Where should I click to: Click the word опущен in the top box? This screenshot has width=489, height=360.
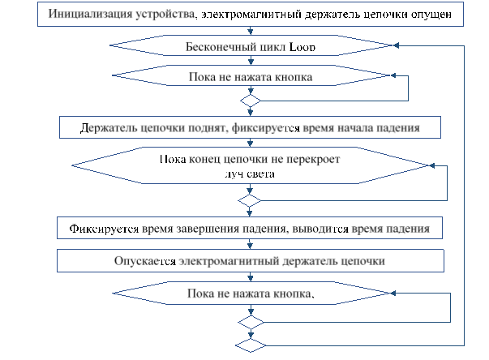coord(440,15)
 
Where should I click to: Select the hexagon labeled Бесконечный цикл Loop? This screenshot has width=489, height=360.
coord(251,46)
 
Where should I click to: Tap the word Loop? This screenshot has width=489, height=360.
coord(301,47)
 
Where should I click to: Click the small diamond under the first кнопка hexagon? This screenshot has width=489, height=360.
coord(251,101)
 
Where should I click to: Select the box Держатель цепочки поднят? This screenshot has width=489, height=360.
coord(251,127)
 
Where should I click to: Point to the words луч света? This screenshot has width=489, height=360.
coord(250,173)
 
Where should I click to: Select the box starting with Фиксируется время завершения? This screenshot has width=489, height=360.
coord(251,229)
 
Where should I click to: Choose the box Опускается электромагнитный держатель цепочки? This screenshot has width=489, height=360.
coord(251,261)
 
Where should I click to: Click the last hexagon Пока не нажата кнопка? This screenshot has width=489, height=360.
coord(251,294)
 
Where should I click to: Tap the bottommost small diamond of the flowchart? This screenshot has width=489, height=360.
coord(251,345)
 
